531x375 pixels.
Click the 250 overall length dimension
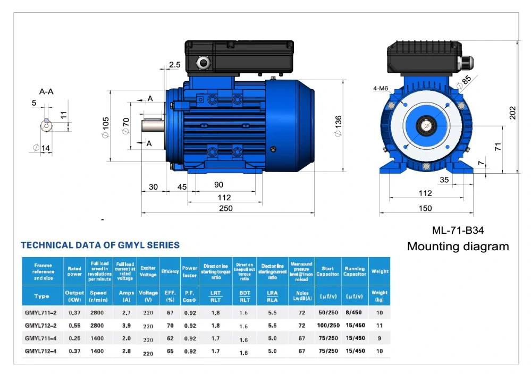tap(226, 209)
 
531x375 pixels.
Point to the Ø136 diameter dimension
tap(339, 126)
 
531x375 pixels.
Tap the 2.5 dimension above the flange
tap(174, 65)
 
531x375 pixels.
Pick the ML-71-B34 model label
tap(458, 231)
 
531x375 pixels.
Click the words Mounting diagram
tap(458, 246)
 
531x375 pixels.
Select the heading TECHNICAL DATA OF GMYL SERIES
tap(100, 245)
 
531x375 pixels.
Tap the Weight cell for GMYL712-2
tap(379, 325)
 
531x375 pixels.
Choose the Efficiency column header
tap(170, 271)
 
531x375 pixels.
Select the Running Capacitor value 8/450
tap(355, 313)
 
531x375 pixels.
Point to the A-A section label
tap(46, 91)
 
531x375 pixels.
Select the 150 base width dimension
tap(425, 209)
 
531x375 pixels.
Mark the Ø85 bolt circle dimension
tap(466, 81)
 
